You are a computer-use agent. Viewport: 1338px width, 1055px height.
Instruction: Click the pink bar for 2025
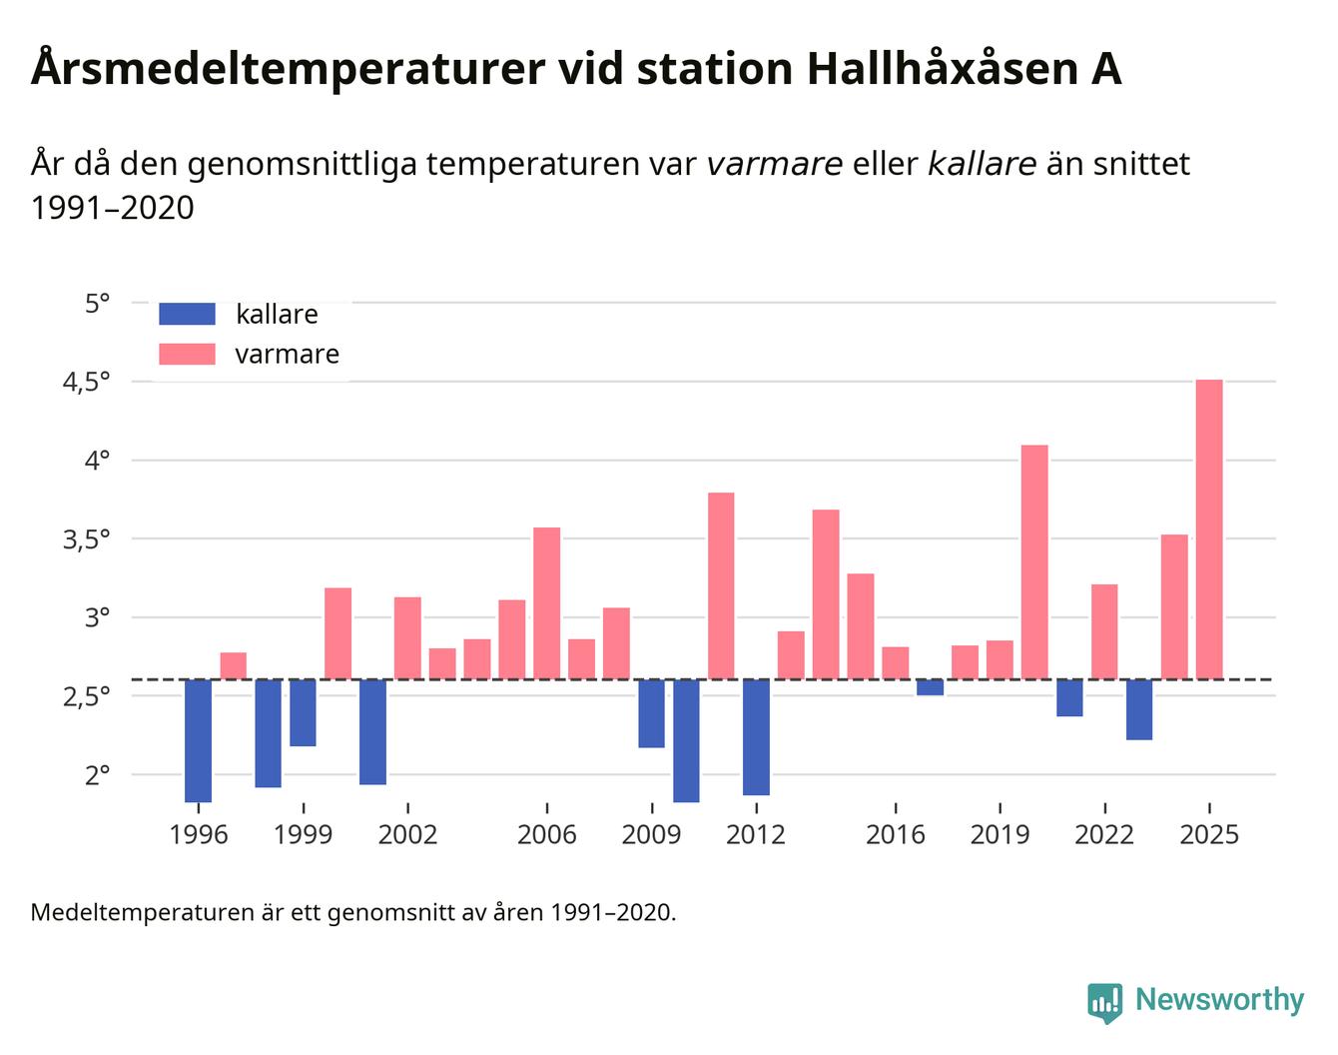pyautogui.click(x=1209, y=529)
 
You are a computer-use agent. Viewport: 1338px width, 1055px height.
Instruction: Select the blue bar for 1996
pyautogui.click(x=198, y=740)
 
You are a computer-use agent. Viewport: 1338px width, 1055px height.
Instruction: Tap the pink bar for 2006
pyautogui.click(x=546, y=603)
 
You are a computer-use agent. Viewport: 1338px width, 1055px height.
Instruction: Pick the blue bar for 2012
pyautogui.click(x=756, y=737)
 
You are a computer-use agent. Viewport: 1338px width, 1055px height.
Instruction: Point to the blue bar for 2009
pyautogui.click(x=651, y=713)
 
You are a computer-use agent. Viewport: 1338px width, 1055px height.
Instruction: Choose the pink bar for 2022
pyautogui.click(x=1104, y=631)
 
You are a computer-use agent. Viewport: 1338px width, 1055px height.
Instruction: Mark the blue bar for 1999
pyautogui.click(x=303, y=712)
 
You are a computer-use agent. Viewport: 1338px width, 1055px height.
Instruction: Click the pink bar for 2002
pyautogui.click(x=407, y=638)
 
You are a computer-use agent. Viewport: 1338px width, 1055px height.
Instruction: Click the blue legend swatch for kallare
pyautogui.click(x=187, y=314)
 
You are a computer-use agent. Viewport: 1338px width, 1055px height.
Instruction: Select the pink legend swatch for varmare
pyautogui.click(x=187, y=354)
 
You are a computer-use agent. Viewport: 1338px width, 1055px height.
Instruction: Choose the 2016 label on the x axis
pyautogui.click(x=895, y=834)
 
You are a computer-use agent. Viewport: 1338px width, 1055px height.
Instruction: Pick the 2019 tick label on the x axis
pyautogui.click(x=1000, y=834)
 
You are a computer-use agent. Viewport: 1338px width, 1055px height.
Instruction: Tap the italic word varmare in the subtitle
pyautogui.click(x=774, y=164)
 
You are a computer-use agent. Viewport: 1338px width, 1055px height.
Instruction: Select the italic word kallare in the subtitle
pyautogui.click(x=982, y=164)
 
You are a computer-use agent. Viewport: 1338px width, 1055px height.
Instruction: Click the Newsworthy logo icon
pyautogui.click(x=1105, y=1002)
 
